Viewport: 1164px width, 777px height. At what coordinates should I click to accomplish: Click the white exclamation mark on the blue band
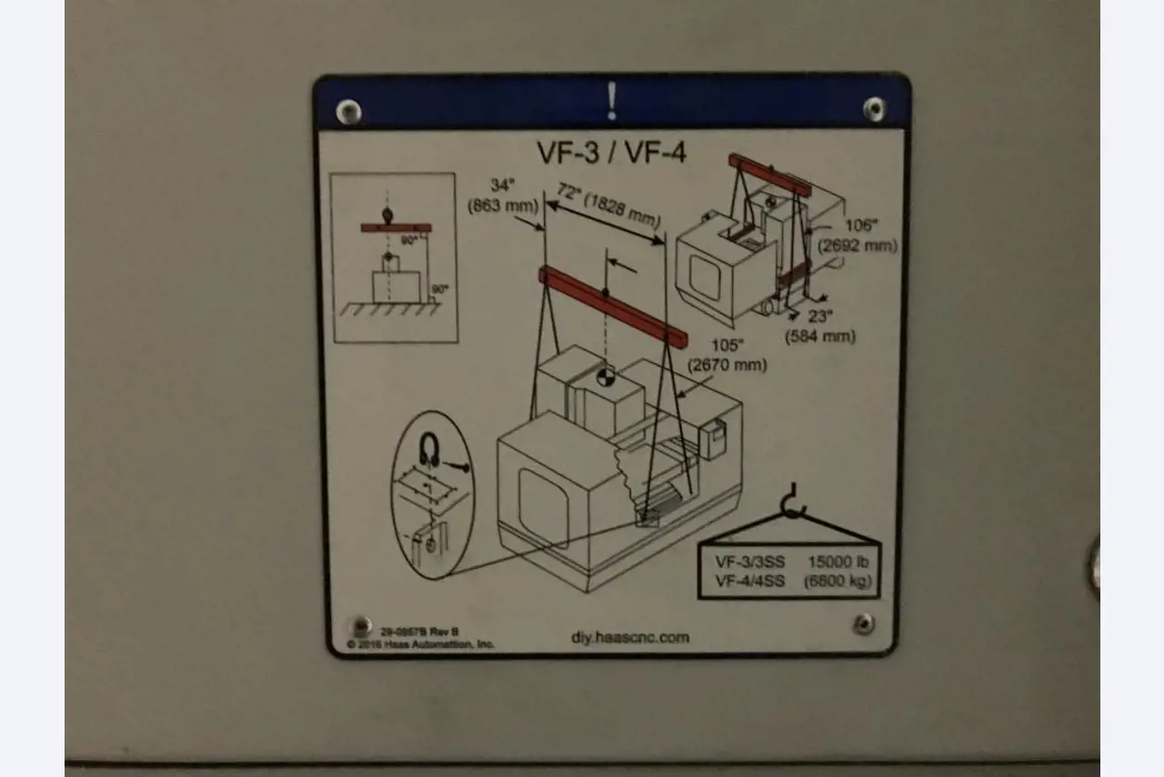click(x=612, y=101)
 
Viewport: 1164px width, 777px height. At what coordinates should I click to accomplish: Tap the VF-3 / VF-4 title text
click(x=611, y=152)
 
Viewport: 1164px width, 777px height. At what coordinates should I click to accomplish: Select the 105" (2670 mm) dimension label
click(x=727, y=354)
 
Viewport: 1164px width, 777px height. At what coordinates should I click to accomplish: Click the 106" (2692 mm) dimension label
click(x=858, y=235)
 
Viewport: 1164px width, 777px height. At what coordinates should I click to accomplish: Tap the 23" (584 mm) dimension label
click(x=819, y=326)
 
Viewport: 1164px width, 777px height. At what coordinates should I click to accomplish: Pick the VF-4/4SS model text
click(x=749, y=580)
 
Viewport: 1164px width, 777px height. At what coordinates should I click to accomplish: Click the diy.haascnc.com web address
click(x=629, y=637)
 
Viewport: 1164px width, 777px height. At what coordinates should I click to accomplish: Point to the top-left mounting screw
click(x=348, y=112)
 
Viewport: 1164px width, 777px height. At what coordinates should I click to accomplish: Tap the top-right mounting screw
click(x=874, y=108)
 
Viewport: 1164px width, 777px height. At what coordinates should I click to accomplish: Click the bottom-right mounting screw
click(x=863, y=623)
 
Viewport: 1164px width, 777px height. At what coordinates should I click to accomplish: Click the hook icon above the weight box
click(x=792, y=502)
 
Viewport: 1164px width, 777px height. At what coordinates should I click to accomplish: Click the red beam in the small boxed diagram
click(x=396, y=227)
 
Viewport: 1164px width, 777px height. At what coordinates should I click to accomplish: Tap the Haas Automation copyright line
click(x=420, y=644)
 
